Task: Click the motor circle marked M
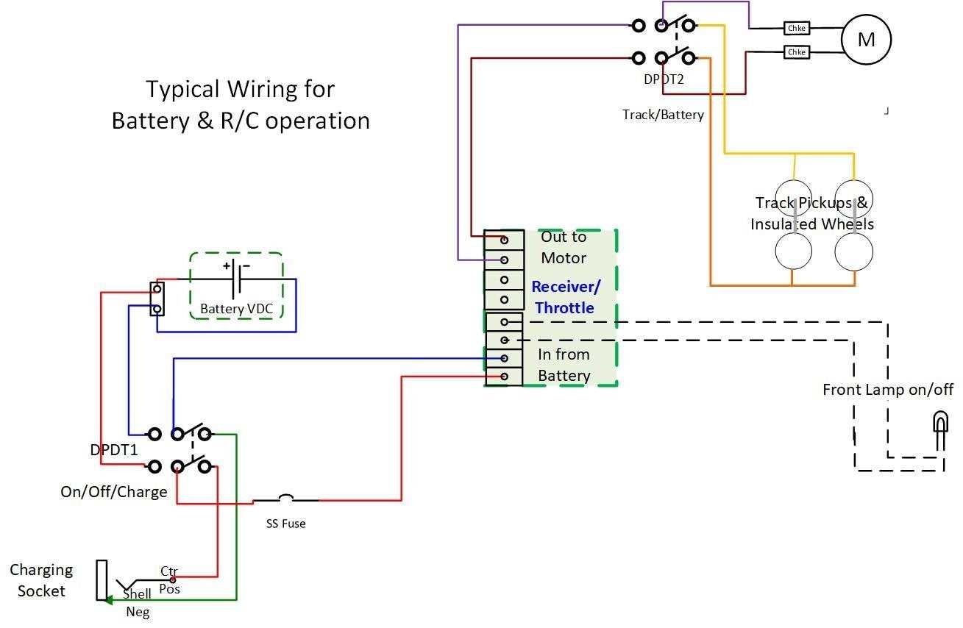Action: click(866, 39)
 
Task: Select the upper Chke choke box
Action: click(797, 28)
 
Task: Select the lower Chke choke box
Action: click(797, 52)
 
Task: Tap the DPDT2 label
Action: click(664, 79)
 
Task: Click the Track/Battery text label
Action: click(663, 114)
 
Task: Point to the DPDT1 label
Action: click(113, 449)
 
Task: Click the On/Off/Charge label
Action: click(114, 492)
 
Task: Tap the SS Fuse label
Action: click(285, 524)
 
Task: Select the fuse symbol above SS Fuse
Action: click(285, 499)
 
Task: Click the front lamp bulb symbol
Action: click(940, 427)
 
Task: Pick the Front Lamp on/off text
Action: click(887, 389)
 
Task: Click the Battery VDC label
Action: click(236, 309)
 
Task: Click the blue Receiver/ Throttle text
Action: click(565, 297)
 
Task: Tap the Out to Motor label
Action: click(564, 247)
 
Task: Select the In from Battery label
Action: click(564, 365)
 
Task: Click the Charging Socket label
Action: click(41, 580)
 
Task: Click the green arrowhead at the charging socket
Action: click(107, 600)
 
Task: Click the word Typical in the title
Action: click(182, 89)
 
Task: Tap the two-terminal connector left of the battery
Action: click(157, 299)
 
